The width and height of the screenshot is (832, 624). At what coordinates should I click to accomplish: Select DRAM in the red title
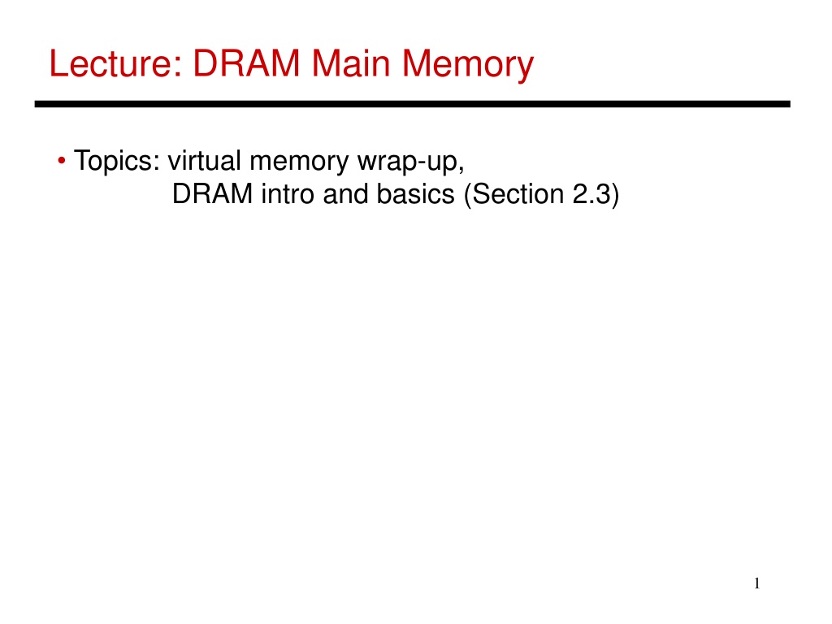(247, 63)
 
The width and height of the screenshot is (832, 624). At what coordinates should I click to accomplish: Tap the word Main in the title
(351, 63)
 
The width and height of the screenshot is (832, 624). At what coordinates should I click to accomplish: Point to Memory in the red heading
(468, 65)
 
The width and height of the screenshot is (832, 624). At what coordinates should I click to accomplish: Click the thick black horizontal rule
(412, 104)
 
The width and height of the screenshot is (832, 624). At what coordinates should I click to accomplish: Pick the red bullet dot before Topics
(62, 160)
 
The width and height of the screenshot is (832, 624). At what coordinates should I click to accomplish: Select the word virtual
(204, 160)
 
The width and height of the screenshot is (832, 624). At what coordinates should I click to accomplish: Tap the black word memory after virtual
(299, 162)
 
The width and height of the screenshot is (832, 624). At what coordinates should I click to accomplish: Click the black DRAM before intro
(212, 193)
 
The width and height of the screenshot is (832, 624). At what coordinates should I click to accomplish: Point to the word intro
(288, 193)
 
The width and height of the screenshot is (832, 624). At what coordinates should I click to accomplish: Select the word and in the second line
(345, 193)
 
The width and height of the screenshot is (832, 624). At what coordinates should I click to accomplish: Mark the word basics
(415, 193)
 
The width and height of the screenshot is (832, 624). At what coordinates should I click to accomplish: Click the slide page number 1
(756, 583)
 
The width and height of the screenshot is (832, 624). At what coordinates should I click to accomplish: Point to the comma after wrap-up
(461, 170)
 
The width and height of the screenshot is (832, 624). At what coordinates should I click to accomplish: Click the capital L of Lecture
(58, 63)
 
